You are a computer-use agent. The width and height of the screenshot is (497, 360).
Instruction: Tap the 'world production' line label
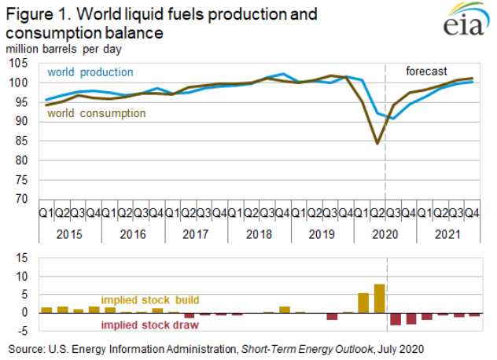pyautogui.click(x=90, y=72)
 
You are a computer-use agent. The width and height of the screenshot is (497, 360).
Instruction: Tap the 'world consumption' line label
pyautogui.click(x=96, y=113)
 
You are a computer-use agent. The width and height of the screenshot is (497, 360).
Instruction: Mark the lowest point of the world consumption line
pyautogui.click(x=378, y=143)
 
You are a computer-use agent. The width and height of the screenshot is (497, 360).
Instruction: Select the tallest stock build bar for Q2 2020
pyautogui.click(x=380, y=298)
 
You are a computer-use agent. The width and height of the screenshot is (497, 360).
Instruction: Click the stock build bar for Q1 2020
pyautogui.click(x=363, y=303)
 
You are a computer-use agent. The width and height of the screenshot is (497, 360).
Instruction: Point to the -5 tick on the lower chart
pyautogui.click(x=27, y=330)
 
